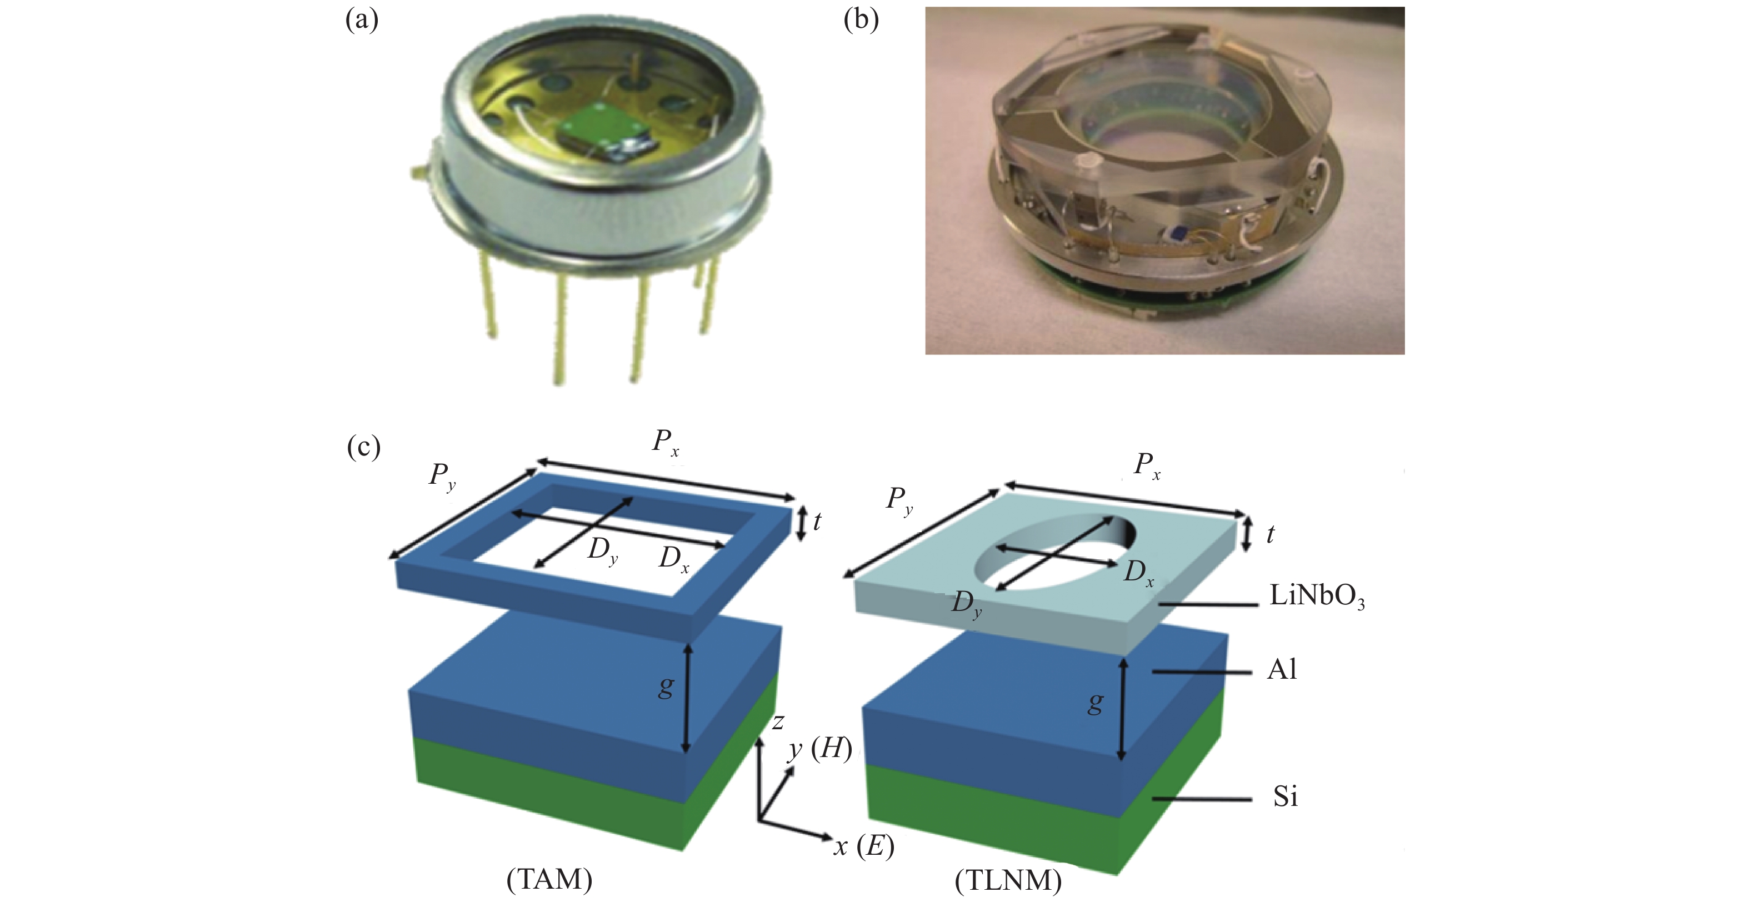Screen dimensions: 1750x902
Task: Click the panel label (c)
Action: coord(363,448)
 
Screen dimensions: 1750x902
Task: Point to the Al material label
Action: coord(1282,670)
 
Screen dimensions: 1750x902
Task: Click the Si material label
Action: coord(1286,796)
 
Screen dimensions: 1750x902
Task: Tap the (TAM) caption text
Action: coord(549,880)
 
